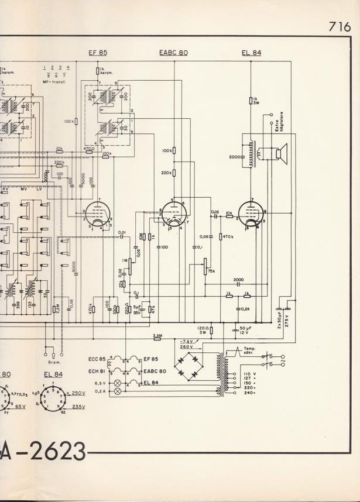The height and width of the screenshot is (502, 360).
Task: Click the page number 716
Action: pyautogui.click(x=340, y=26)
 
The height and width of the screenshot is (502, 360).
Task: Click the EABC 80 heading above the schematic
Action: pyautogui.click(x=173, y=53)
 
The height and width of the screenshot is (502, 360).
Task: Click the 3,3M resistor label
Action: pyautogui.click(x=157, y=336)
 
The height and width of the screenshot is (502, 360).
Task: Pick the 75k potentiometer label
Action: pyautogui.click(x=211, y=271)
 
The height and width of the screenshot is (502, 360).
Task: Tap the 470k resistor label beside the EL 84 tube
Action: pyautogui.click(x=227, y=236)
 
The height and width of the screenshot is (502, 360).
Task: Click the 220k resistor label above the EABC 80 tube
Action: pyautogui.click(x=167, y=173)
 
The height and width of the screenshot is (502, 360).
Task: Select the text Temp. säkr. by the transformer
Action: pyautogui.click(x=250, y=352)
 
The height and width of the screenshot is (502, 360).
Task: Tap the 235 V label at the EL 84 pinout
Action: pyautogui.click(x=78, y=406)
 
